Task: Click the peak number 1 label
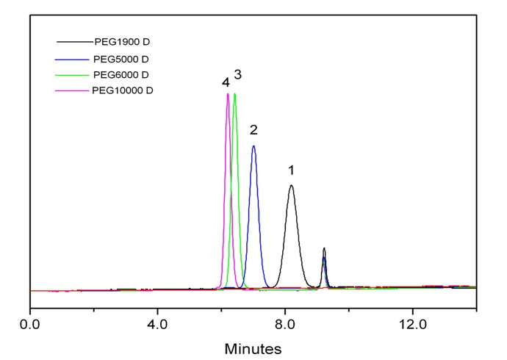point(291,170)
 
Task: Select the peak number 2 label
point(253,131)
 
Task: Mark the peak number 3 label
point(238,75)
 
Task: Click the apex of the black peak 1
point(292,185)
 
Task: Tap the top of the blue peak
point(253,145)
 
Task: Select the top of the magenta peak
point(228,94)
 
